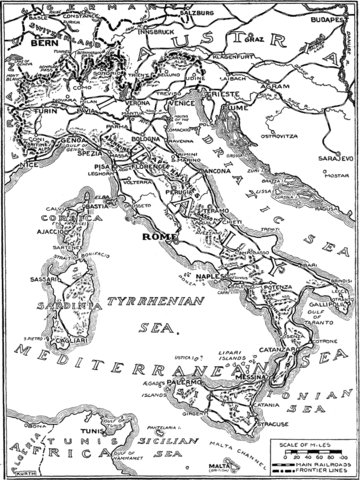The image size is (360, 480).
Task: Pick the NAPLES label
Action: coord(208,273)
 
